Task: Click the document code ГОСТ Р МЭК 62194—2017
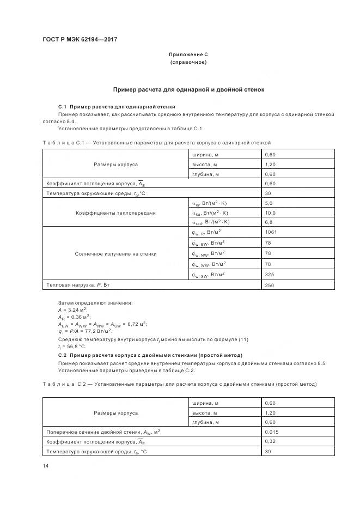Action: [80, 40]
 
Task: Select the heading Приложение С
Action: [188, 55]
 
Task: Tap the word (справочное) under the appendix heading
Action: [188, 63]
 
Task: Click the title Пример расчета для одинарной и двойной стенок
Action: [188, 89]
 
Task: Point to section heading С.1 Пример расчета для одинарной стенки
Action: [117, 107]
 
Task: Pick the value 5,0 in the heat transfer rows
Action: [269, 203]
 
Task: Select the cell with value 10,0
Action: [270, 212]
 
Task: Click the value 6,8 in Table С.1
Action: [269, 222]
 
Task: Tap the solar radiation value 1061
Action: [271, 233]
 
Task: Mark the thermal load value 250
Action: [269, 285]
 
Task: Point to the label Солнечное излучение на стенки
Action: [115, 253]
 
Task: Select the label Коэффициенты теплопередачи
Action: [115, 212]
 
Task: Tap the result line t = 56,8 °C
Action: [72, 346]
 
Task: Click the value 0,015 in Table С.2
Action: [271, 432]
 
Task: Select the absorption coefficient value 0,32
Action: [270, 442]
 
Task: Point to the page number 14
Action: [46, 465]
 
